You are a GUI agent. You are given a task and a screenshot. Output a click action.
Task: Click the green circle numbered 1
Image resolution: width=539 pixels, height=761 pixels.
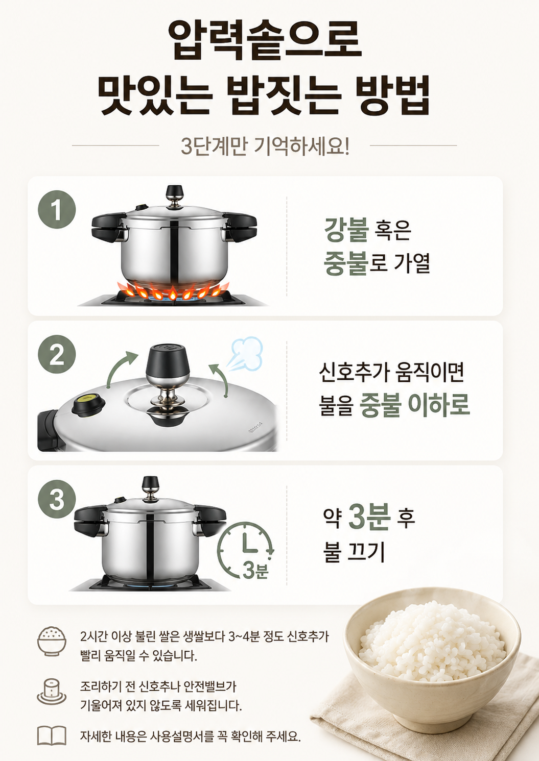click(x=57, y=209)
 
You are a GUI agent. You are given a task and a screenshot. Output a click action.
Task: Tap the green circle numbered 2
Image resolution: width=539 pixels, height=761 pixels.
click(x=57, y=354)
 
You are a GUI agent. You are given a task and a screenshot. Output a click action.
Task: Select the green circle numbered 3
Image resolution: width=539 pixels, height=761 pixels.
click(x=57, y=499)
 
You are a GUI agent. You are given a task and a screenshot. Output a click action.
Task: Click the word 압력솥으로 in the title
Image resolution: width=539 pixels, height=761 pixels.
click(x=265, y=40)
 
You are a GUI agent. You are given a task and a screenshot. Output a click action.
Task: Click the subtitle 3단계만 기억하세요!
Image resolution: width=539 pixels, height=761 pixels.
click(x=265, y=146)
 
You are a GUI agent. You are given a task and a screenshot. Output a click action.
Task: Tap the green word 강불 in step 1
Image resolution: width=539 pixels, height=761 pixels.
click(x=346, y=230)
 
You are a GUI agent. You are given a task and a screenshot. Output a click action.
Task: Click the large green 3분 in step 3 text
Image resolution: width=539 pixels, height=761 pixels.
click(x=369, y=517)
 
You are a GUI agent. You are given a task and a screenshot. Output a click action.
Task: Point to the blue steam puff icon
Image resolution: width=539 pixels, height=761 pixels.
click(x=246, y=354)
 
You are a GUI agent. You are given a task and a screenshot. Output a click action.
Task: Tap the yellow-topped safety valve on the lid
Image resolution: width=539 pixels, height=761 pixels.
click(x=88, y=405)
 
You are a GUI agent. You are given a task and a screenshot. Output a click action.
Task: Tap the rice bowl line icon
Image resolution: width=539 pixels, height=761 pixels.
click(x=52, y=642)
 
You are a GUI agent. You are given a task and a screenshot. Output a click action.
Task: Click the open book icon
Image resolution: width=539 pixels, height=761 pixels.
click(x=52, y=736)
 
